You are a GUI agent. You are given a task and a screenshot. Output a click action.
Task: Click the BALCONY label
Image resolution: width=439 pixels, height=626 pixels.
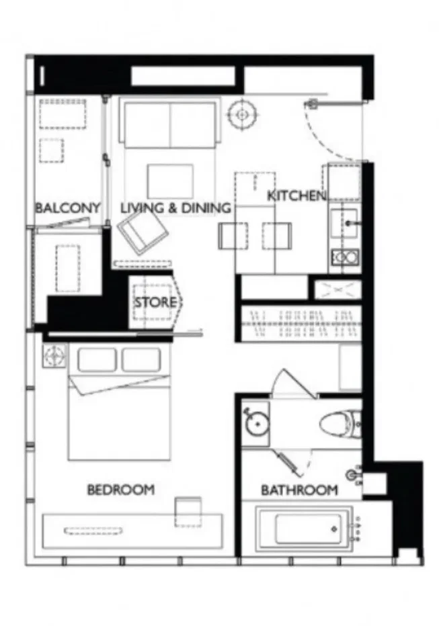(68, 208)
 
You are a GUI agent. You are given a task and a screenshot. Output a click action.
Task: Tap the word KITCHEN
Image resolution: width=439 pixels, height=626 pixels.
(296, 195)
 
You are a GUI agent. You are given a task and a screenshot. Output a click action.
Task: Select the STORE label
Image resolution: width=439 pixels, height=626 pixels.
(155, 302)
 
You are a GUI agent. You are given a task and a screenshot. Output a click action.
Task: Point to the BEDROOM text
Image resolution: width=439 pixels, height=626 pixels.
(121, 490)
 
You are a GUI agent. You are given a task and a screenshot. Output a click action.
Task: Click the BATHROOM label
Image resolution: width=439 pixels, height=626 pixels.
(299, 490)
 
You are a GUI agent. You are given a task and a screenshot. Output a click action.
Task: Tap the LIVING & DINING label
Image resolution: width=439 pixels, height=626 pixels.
(175, 208)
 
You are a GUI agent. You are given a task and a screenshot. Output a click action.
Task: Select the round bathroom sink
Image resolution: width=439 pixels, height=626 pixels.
(257, 424)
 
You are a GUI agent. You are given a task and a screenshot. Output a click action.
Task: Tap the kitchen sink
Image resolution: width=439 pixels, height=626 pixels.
(345, 223)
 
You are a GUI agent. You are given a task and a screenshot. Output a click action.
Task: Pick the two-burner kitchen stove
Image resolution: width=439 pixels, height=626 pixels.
(345, 257)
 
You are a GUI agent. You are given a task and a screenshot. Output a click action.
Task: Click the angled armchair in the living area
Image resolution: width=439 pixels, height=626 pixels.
(143, 233)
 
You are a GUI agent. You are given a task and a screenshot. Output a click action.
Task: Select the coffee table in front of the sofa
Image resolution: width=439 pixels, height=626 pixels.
(170, 181)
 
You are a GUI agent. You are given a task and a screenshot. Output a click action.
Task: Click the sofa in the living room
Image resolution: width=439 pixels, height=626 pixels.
(170, 124)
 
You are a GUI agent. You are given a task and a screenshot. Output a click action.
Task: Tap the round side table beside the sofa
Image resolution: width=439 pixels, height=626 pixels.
(242, 114)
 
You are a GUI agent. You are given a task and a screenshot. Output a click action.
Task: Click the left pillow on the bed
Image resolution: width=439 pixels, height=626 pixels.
(97, 359)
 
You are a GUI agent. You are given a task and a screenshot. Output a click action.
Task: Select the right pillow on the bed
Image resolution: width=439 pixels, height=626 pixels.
(141, 359)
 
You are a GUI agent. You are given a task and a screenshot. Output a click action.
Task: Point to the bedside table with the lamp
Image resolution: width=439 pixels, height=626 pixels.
(54, 355)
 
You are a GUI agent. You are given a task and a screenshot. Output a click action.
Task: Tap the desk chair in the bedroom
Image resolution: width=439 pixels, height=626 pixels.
(188, 512)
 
